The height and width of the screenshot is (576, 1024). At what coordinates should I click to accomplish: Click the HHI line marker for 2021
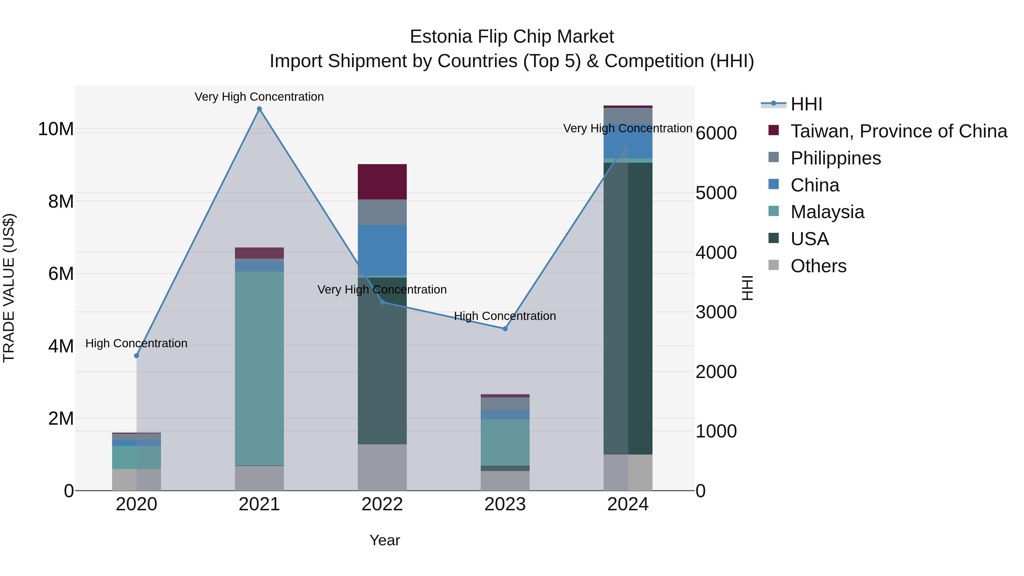pyautogui.click(x=259, y=109)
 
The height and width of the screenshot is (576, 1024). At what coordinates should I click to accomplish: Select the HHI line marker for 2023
pyautogui.click(x=505, y=329)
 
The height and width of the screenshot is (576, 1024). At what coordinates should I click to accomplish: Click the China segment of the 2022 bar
pyautogui.click(x=382, y=250)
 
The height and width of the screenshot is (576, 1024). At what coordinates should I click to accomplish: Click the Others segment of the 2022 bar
pyautogui.click(x=382, y=467)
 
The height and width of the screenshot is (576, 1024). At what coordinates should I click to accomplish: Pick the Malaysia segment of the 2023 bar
pyautogui.click(x=505, y=442)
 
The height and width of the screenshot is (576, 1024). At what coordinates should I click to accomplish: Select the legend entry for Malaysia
pyautogui.click(x=827, y=212)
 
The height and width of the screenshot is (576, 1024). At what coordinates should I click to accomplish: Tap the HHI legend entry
pyautogui.click(x=806, y=104)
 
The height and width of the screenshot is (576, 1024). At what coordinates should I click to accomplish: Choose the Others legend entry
pyautogui.click(x=818, y=266)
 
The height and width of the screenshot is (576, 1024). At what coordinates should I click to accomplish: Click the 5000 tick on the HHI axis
pyautogui.click(x=716, y=193)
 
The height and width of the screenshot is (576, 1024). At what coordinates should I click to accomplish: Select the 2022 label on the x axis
pyautogui.click(x=382, y=504)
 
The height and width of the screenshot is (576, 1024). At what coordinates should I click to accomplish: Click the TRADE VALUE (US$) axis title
pyautogui.click(x=9, y=288)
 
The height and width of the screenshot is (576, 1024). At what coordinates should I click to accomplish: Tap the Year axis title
pyautogui.click(x=384, y=540)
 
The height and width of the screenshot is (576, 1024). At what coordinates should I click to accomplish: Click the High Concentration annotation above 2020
pyautogui.click(x=136, y=343)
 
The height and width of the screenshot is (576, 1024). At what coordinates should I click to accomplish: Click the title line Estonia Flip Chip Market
pyautogui.click(x=512, y=37)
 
